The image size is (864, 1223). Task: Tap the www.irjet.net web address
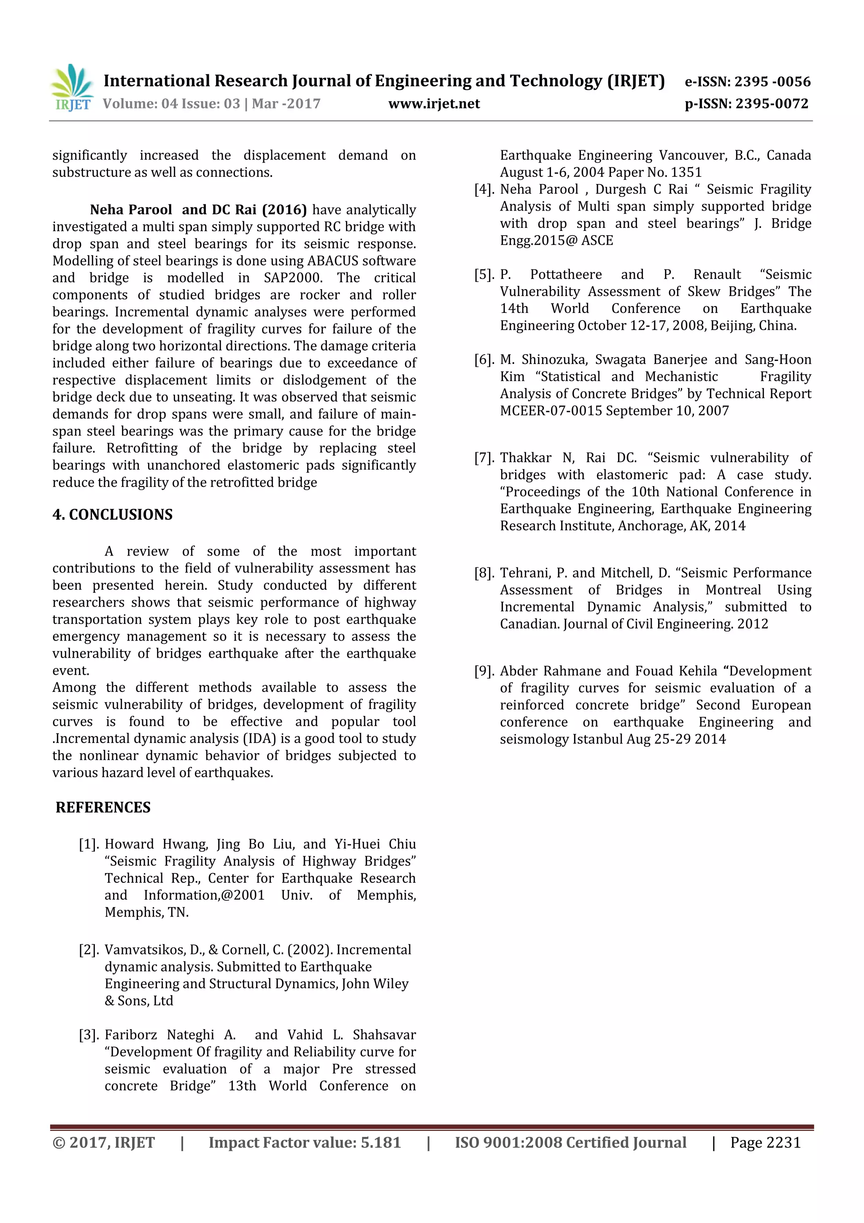pyautogui.click(x=434, y=104)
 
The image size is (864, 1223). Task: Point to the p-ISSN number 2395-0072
pyautogui.click(x=772, y=104)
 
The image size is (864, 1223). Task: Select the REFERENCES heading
pyautogui.click(x=103, y=808)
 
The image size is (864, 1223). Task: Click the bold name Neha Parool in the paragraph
pyautogui.click(x=130, y=210)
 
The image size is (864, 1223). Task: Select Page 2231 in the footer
pyautogui.click(x=765, y=1142)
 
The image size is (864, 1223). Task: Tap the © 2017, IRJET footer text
pyautogui.click(x=103, y=1142)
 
